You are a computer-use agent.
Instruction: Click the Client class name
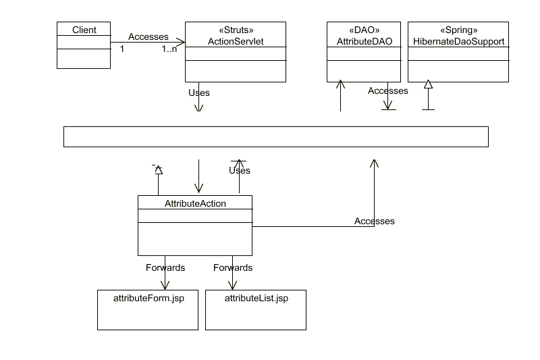(84, 30)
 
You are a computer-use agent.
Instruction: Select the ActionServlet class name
(236, 42)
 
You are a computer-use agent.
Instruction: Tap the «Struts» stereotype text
(236, 31)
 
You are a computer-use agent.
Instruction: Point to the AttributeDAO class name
(364, 42)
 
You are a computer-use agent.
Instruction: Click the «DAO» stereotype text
(364, 31)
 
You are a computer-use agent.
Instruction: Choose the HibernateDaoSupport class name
(458, 42)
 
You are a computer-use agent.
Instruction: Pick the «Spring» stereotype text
(458, 31)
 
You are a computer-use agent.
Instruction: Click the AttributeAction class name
(195, 203)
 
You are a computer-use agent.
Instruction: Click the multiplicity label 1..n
(170, 49)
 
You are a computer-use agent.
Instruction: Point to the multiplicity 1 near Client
(122, 49)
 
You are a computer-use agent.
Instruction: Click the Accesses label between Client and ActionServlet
(148, 36)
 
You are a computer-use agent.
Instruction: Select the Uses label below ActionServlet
(199, 93)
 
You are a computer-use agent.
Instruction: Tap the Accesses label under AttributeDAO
(388, 91)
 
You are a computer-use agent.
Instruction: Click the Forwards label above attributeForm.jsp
(165, 267)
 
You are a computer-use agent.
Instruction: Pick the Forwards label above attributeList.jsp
(233, 267)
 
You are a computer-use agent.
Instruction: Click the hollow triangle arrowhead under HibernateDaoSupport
(427, 84)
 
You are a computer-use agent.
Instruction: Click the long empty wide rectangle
(275, 136)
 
